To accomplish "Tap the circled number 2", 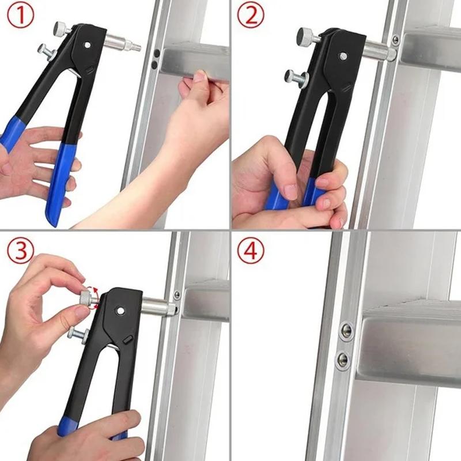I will (x=250, y=17).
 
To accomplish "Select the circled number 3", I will (x=19, y=248).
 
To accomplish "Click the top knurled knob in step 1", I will (x=61, y=28).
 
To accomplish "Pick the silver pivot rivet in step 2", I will (x=343, y=56).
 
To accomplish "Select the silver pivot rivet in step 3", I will (x=120, y=311).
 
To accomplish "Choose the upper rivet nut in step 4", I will (x=346, y=330).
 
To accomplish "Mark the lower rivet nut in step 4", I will (x=343, y=360).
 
